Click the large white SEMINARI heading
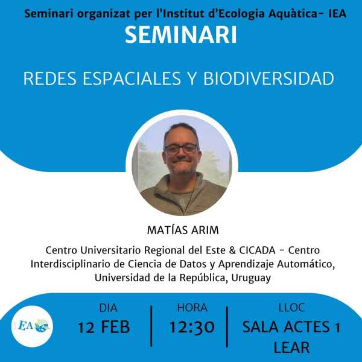point(181,34)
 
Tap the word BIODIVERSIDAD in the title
point(268,78)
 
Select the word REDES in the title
point(50,78)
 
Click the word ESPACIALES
point(132,78)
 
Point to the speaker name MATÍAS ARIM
point(183,230)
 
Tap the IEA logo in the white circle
point(33,326)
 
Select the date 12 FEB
point(104,328)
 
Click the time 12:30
point(192,327)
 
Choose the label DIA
point(108,308)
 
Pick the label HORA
point(192,308)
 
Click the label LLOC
point(291,308)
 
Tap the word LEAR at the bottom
point(291,348)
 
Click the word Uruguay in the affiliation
point(251,278)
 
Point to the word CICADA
point(257,250)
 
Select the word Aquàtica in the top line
point(293,14)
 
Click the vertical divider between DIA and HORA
point(151,326)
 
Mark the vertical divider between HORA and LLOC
point(227,326)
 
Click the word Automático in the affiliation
point(306,264)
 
